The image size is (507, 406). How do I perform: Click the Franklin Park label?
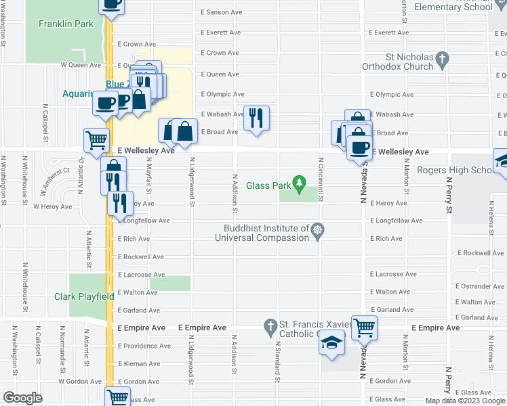(x=66, y=24)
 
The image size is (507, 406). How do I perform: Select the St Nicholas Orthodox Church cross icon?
(x=442, y=60)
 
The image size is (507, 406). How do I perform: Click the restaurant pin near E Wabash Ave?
(x=256, y=118)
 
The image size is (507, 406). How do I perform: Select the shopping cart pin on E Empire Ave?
(x=365, y=328)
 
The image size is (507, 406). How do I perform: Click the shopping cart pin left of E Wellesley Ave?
(x=96, y=141)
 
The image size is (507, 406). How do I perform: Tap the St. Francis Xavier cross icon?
(x=271, y=325)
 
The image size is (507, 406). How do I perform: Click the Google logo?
(x=22, y=397)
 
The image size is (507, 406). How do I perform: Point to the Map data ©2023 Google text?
(x=464, y=401)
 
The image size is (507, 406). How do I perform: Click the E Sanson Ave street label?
(x=222, y=12)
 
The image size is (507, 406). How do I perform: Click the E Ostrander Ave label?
(x=481, y=287)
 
